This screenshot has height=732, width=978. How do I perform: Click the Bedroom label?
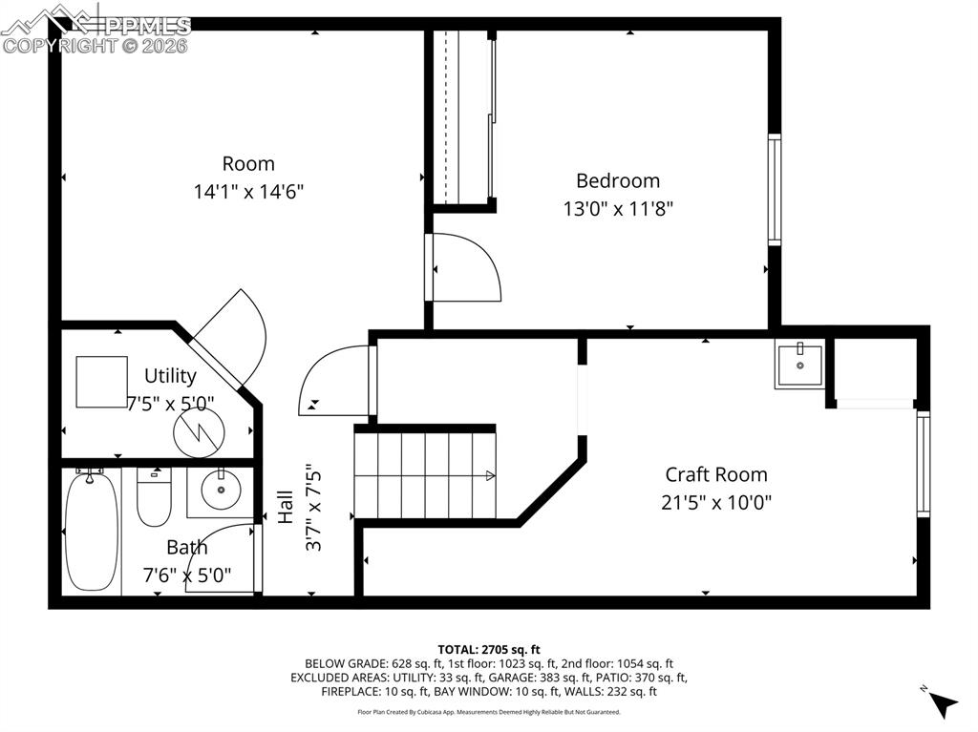(617, 180)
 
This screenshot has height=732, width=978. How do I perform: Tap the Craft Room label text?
(715, 474)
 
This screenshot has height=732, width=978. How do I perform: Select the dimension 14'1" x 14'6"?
(248, 191)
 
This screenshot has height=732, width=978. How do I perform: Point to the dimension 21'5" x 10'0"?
(715, 502)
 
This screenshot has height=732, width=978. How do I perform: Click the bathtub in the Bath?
(91, 531)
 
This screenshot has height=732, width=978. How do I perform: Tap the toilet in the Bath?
(153, 498)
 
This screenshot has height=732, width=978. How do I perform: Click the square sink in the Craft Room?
(799, 364)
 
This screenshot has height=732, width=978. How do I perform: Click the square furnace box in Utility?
(101, 382)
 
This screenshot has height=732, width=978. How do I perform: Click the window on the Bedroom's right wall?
(775, 190)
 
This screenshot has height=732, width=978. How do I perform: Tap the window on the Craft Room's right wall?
(923, 463)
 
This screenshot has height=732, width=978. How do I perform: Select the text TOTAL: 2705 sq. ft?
(488, 648)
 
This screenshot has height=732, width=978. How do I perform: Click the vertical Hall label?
(286, 506)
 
